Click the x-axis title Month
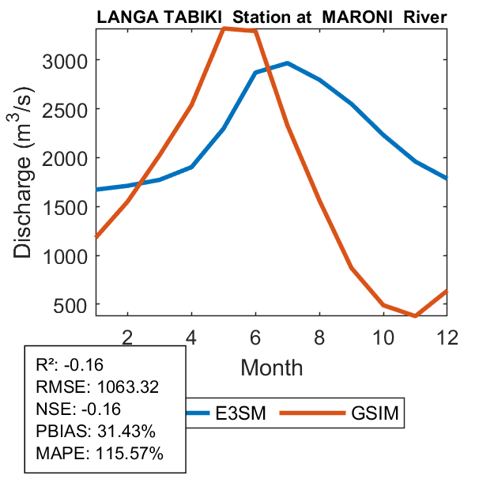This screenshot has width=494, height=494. click(x=271, y=367)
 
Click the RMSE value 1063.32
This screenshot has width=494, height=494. click(x=128, y=387)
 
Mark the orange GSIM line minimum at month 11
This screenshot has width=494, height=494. click(x=415, y=315)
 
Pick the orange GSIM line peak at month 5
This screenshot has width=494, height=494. click(x=224, y=28)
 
